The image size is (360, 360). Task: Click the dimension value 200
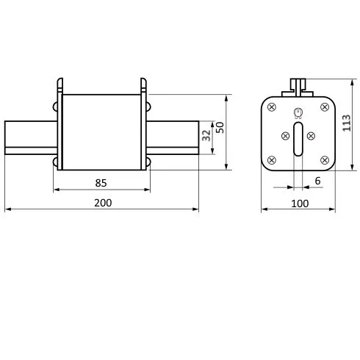(103, 203)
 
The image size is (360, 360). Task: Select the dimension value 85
(101, 183)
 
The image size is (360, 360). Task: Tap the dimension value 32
(206, 135)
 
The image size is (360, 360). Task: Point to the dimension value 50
(220, 127)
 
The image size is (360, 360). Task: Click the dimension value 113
(347, 123)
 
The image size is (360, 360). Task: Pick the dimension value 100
(300, 204)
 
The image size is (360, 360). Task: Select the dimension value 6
(317, 181)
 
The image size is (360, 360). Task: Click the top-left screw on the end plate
(272, 107)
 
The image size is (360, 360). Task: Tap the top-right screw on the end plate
(325, 107)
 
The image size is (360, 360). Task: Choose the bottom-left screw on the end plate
(272, 160)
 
